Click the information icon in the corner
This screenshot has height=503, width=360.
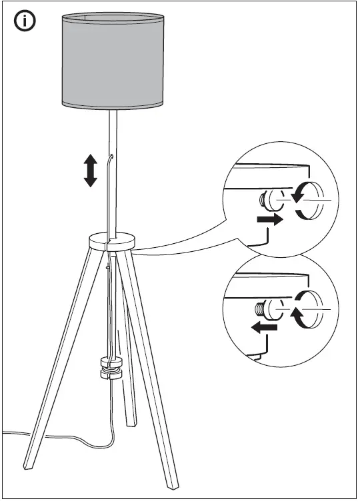pyautogui.click(x=25, y=22)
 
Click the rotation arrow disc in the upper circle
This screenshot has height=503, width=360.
pyautogui.click(x=308, y=199)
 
